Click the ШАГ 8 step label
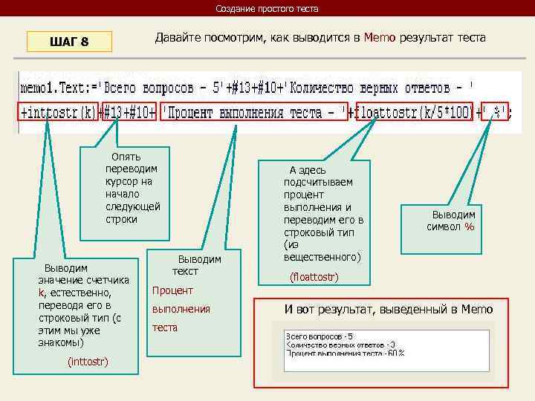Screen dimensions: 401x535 [69, 42]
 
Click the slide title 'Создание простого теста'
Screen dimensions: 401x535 [267, 9]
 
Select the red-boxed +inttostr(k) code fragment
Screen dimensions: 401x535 [59, 113]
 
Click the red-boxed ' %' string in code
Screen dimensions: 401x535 [495, 113]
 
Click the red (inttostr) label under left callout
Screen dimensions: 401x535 [88, 362]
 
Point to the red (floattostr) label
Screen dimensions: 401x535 [314, 277]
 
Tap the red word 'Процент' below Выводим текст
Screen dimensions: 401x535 [172, 290]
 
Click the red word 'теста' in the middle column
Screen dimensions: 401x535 [164, 327]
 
